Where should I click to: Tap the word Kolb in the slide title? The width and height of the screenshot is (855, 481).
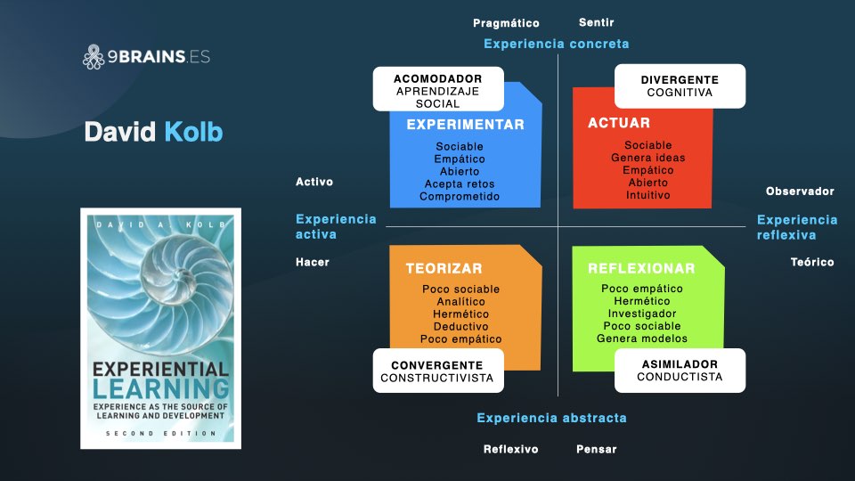pos(193,133)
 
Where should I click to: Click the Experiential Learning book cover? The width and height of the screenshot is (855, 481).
pos(160,328)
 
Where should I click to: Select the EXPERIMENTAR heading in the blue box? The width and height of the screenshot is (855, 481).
pos(465,125)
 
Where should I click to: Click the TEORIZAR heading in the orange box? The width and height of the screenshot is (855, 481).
pos(444,268)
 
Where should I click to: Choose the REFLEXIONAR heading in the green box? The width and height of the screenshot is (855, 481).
pos(641,268)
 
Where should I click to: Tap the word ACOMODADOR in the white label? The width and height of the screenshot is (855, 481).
pos(437,78)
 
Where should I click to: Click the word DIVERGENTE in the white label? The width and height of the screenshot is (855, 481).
pos(680,79)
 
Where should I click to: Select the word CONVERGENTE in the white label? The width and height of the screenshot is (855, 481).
pos(436,365)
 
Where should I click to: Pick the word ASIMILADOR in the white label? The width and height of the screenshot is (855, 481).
pos(680,364)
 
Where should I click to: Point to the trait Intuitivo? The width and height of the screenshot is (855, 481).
pos(647,195)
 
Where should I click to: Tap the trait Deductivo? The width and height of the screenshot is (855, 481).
pos(460,326)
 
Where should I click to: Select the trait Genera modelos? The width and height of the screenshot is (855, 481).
pos(641,338)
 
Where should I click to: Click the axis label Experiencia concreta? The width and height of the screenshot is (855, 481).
pos(556,44)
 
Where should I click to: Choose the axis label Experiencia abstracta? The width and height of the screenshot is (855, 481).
pos(551,418)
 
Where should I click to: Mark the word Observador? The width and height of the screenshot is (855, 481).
pos(800,191)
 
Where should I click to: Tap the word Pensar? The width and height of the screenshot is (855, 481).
pos(596,449)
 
